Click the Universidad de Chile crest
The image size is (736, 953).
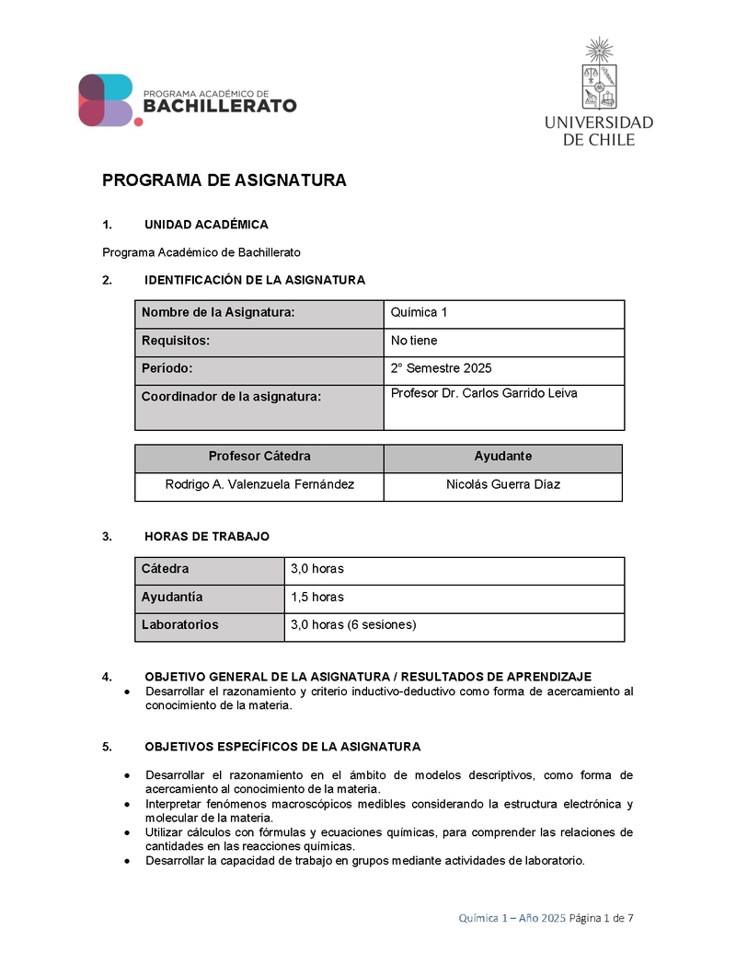(x=599, y=75)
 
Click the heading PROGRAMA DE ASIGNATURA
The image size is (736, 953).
(x=224, y=180)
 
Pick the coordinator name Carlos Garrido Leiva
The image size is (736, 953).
(x=484, y=394)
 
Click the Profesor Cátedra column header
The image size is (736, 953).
(x=259, y=457)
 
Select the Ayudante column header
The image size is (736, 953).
(x=502, y=457)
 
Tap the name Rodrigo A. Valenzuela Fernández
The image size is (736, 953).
(x=259, y=484)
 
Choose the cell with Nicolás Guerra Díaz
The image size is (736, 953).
(x=502, y=484)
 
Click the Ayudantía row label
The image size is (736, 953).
(x=172, y=598)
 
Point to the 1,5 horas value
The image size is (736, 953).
(x=316, y=598)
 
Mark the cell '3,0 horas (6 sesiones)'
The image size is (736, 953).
(x=353, y=625)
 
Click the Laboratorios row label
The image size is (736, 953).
(x=180, y=625)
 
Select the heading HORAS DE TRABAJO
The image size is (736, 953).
(x=207, y=537)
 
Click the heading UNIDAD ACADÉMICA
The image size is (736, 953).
(x=206, y=225)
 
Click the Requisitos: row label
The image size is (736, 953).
(x=176, y=341)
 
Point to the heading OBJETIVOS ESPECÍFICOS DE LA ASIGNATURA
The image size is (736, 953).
(x=282, y=747)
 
